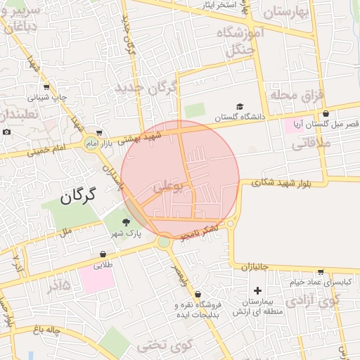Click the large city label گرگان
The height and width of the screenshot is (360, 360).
(x=77, y=196)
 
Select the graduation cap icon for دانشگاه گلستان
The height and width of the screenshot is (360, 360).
(x=240, y=107)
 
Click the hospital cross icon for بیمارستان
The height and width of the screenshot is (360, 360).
(x=257, y=290)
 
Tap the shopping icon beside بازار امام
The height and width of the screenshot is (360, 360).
(x=99, y=131)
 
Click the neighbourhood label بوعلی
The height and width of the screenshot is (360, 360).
(x=172, y=186)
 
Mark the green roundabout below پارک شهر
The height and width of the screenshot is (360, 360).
(x=165, y=242)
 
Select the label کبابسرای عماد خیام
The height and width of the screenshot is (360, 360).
(x=321, y=282)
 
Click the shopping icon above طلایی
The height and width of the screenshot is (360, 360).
(x=103, y=255)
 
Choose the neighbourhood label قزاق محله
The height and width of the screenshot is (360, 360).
(x=295, y=94)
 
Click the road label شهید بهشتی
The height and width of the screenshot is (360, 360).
(x=139, y=139)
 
